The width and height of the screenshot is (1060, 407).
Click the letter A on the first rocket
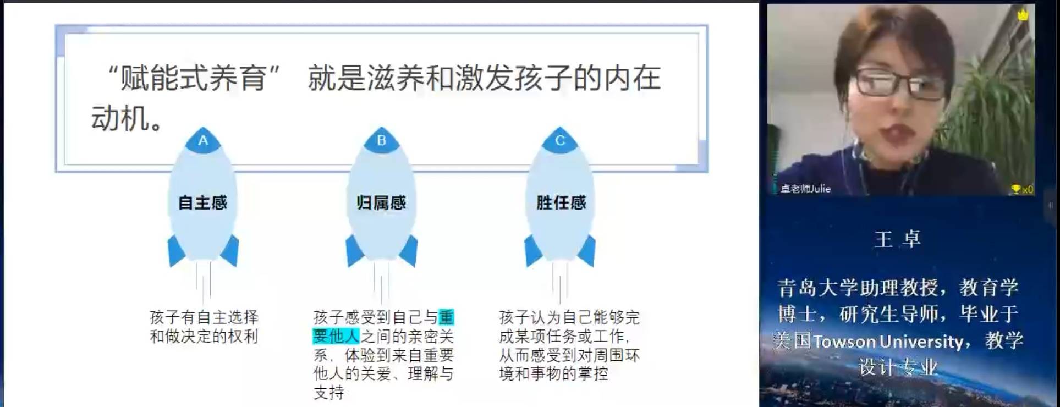(203, 141)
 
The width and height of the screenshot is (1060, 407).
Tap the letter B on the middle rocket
(381, 141)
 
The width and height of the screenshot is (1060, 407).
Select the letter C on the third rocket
(560, 141)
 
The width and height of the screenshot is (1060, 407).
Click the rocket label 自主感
(202, 203)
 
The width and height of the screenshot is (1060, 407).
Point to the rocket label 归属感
(381, 203)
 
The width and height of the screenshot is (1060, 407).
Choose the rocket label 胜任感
(561, 203)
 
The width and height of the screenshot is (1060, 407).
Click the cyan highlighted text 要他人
(336, 336)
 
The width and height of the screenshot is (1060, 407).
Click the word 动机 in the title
(120, 119)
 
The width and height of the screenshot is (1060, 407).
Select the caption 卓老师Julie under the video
(805, 189)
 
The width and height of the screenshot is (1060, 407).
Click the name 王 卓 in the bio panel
(897, 239)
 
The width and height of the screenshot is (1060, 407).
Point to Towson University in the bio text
(888, 342)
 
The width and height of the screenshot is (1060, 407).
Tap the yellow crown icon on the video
(1023, 15)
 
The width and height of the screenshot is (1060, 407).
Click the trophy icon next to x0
(1015, 189)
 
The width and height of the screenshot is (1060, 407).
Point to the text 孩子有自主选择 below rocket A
(204, 317)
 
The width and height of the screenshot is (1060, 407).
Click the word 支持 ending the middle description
(329, 393)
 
